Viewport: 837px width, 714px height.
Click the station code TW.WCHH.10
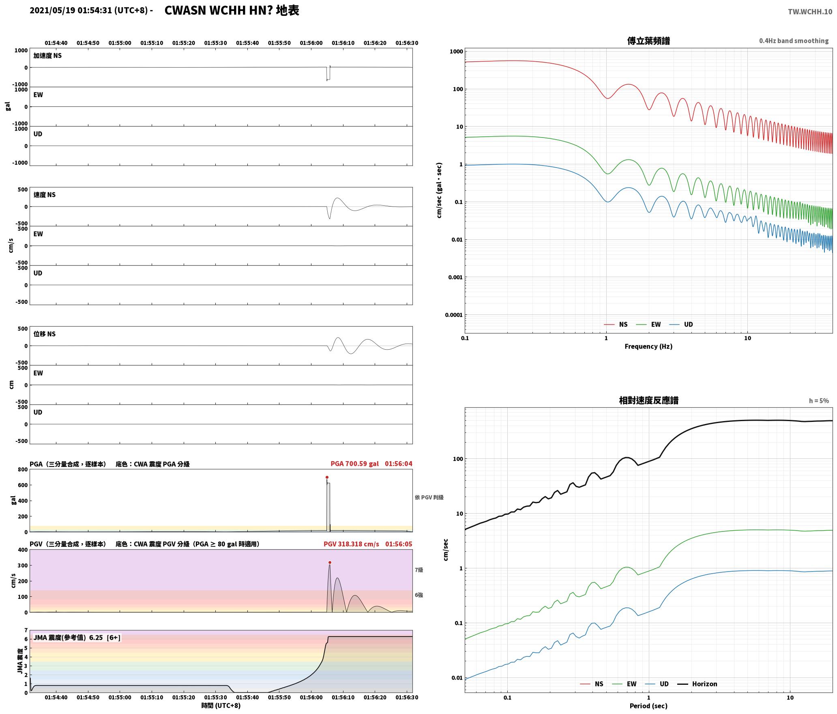click(x=810, y=12)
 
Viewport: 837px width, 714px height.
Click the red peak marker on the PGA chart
click(x=327, y=477)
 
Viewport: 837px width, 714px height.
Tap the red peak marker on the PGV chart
click(x=330, y=562)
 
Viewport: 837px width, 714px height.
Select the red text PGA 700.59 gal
click(x=354, y=464)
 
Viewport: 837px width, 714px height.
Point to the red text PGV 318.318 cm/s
click(x=351, y=544)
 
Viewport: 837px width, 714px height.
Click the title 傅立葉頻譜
click(x=648, y=41)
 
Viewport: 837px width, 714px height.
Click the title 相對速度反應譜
click(x=648, y=400)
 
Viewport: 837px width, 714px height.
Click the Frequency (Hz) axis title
click(x=648, y=346)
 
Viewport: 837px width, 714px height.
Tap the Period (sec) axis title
click(x=648, y=706)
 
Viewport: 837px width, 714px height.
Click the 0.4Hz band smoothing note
click(x=794, y=41)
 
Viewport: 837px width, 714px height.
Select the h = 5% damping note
click(x=819, y=401)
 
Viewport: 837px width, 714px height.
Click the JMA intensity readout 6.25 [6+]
click(x=105, y=638)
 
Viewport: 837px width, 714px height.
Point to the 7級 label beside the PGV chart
click(x=419, y=570)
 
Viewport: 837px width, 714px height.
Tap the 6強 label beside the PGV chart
click(x=419, y=595)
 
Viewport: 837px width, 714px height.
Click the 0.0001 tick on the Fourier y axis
click(x=453, y=315)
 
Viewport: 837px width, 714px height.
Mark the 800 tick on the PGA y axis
click(x=23, y=470)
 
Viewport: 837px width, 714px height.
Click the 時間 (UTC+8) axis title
click(x=221, y=705)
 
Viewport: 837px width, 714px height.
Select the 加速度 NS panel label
click(x=47, y=56)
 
